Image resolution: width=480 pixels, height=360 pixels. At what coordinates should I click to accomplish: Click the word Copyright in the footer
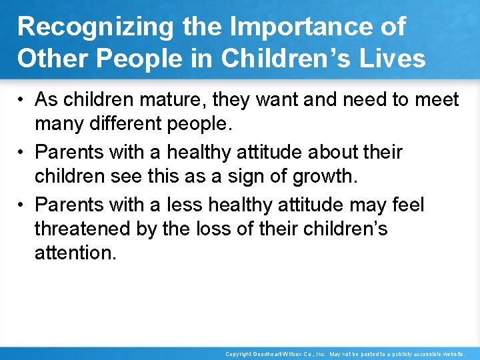coord(239,355)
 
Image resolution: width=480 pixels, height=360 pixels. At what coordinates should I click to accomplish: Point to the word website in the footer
coord(453,355)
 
